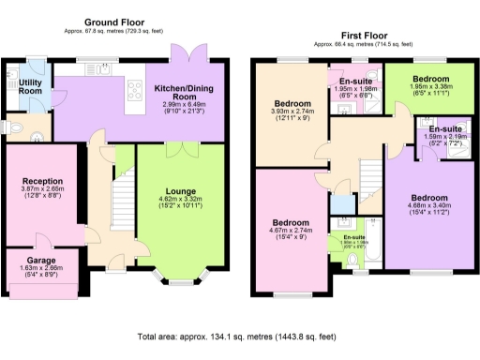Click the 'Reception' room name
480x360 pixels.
43,181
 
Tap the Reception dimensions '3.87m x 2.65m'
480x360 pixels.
43,190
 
